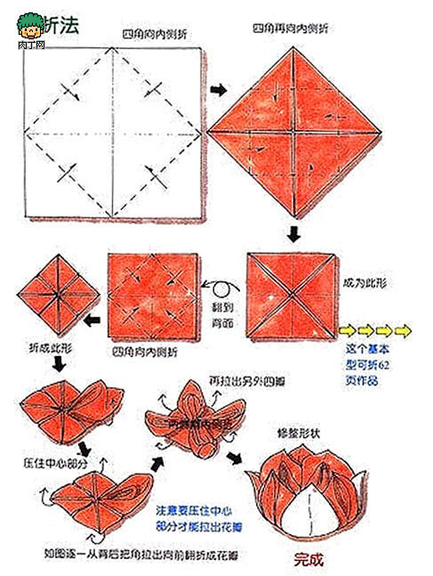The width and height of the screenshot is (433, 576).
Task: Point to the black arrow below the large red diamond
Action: [x=293, y=235]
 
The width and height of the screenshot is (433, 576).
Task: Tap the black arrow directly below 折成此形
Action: [x=58, y=365]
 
